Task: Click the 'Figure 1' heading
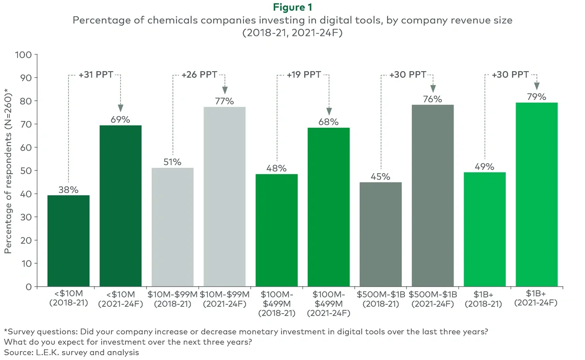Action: pyautogui.click(x=292, y=7)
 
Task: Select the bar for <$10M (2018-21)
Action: pyautogui.click(x=68, y=241)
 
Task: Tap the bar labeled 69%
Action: pyautogui.click(x=121, y=206)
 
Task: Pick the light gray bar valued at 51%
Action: pyautogui.click(x=173, y=227)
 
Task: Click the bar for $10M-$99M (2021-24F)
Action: pyautogui.click(x=225, y=197)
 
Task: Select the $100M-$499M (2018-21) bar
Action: pyautogui.click(x=276, y=230)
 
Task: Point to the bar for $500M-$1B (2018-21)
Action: pyautogui.click(x=380, y=234)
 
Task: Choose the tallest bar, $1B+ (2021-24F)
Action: pyautogui.click(x=536, y=194)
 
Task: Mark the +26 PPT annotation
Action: pyautogui.click(x=199, y=74)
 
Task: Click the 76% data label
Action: pyautogui.click(x=432, y=99)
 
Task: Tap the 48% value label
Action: pyautogui.click(x=276, y=168)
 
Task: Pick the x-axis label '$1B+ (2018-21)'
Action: pyautogui.click(x=485, y=298)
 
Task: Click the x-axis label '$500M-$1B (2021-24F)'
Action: pyautogui.click(x=432, y=298)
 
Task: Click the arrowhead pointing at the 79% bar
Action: pyautogui.click(x=536, y=86)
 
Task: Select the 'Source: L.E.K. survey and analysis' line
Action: pyautogui.click(x=71, y=352)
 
